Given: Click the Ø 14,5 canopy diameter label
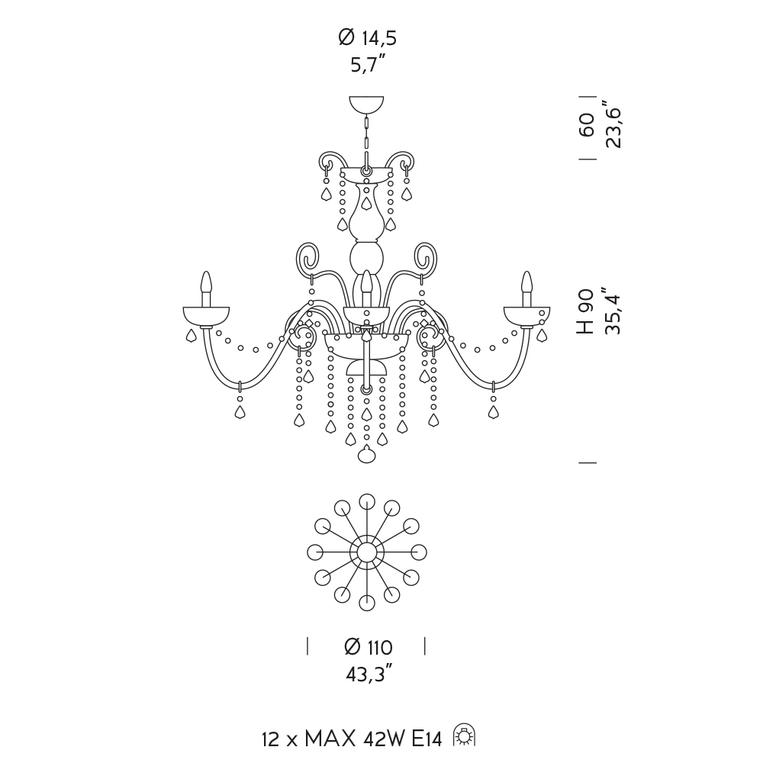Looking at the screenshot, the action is coord(368,38).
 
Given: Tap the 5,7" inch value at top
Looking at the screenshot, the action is coord(369,64).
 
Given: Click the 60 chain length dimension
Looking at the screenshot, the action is coord(587,125).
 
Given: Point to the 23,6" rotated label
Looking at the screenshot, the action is coord(613,124).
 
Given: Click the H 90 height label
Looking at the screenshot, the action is coord(586,311).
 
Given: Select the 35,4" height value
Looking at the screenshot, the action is coord(613,311).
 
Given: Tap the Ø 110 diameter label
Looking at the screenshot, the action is coord(368,647).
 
